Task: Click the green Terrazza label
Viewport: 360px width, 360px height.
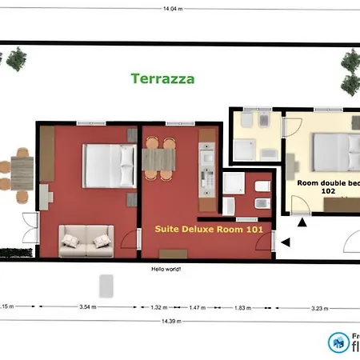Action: click(162, 78)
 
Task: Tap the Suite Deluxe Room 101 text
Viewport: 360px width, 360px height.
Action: click(208, 228)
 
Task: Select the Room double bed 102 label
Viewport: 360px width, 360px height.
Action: click(328, 186)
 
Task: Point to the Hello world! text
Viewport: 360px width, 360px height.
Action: click(166, 269)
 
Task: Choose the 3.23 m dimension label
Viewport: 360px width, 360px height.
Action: click(319, 306)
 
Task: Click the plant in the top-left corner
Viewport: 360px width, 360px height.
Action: click(14, 58)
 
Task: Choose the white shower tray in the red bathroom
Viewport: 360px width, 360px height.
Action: click(235, 186)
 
